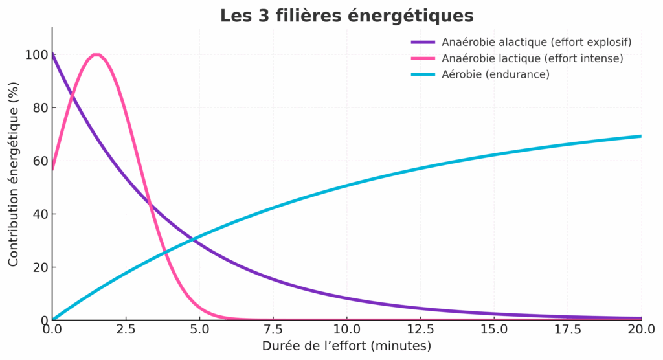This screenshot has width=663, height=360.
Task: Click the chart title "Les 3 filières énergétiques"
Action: pyautogui.click(x=347, y=16)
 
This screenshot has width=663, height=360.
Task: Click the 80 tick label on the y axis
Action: pyautogui.click(x=40, y=108)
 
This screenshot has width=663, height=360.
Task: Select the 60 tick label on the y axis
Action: pyautogui.click(x=40, y=161)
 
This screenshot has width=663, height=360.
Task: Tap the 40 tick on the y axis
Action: pyautogui.click(x=40, y=214)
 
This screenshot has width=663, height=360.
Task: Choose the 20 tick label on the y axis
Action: pyautogui.click(x=40, y=267)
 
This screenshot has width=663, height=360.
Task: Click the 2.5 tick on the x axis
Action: pyautogui.click(x=126, y=329)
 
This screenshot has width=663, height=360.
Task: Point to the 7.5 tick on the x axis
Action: pyautogui.click(x=273, y=329)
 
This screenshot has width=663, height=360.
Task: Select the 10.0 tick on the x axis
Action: pyautogui.click(x=347, y=329)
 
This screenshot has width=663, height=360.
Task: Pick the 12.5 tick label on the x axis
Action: pyautogui.click(x=421, y=329)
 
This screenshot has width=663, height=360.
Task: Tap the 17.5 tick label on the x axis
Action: pyautogui.click(x=568, y=329)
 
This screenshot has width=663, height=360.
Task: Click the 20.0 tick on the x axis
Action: pyautogui.click(x=642, y=329)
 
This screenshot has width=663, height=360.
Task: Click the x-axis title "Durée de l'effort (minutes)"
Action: pyautogui.click(x=347, y=346)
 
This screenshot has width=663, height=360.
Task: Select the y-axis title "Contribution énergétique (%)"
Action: pyautogui.click(x=14, y=174)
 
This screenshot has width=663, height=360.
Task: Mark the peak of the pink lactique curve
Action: pyautogui.click(x=96, y=54)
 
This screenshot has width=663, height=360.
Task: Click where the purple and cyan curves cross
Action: pyautogui.click(x=193, y=240)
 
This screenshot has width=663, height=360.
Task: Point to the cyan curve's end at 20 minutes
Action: pyautogui.click(x=641, y=136)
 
